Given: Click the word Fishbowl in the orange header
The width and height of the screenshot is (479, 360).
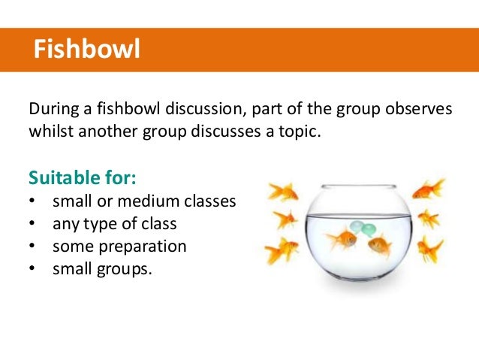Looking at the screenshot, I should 88,50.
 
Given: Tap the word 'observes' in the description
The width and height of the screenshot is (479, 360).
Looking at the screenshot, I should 417,109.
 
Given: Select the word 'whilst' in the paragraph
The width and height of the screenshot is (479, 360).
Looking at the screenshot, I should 50,132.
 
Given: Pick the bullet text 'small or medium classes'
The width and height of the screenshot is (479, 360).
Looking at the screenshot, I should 144,202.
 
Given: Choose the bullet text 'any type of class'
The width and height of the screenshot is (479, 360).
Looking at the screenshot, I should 116,224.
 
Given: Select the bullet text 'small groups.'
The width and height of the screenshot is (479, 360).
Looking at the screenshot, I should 102,267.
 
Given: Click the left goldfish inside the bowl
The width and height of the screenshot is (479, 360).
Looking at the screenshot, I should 343,240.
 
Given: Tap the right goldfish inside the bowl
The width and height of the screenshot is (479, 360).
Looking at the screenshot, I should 379,244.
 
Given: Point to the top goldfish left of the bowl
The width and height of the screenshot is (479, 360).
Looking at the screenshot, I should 283,191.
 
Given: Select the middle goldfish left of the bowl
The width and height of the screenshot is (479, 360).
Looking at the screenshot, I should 285,219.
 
